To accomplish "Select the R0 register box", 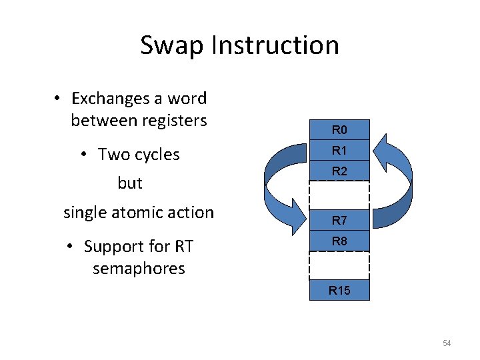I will pos(339,129).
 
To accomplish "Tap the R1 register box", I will pos(339,150).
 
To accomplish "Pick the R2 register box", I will pos(339,171).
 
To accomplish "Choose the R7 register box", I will pos(339,220).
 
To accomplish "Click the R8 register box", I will pos(339,241).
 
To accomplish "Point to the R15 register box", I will pos(339,290).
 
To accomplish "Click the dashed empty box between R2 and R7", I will pos(339,195).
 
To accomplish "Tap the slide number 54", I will pos(447,343).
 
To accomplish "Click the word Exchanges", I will pos(110,99).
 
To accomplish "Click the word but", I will pos(130,183).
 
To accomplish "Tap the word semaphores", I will pos(139,269).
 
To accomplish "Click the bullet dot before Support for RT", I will pos(71,247).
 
